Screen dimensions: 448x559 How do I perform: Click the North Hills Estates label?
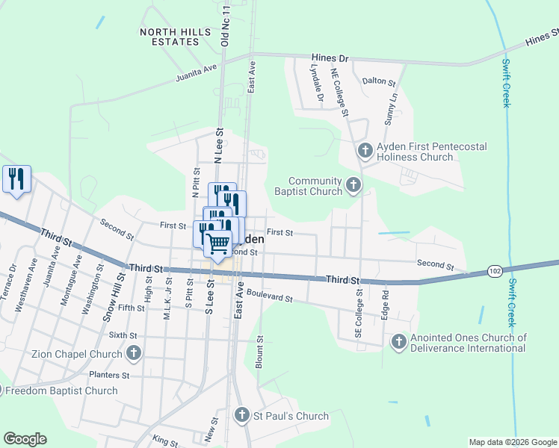pyautogui.click(x=169, y=37)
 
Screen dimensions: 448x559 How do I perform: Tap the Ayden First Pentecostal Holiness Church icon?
pyautogui.click(x=365, y=152)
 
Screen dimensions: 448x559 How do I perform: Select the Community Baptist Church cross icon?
pyautogui.click(x=353, y=184)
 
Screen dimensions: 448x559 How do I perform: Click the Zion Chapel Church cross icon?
pyautogui.click(x=134, y=353)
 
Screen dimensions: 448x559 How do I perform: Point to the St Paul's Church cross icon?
pyautogui.click(x=241, y=415)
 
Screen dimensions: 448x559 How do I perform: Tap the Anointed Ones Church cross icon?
pyautogui.click(x=398, y=342)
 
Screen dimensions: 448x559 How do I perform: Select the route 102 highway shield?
pyautogui.click(x=495, y=271)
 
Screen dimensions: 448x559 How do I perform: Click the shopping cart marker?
pyautogui.click(x=217, y=243)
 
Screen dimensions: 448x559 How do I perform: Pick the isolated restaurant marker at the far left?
pyautogui.click(x=16, y=179)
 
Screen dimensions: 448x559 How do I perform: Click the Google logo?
pyautogui.click(x=25, y=439)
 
